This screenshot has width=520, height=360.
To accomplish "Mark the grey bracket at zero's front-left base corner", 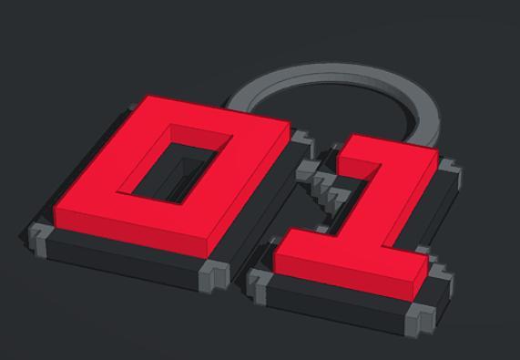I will (x=41, y=235).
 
